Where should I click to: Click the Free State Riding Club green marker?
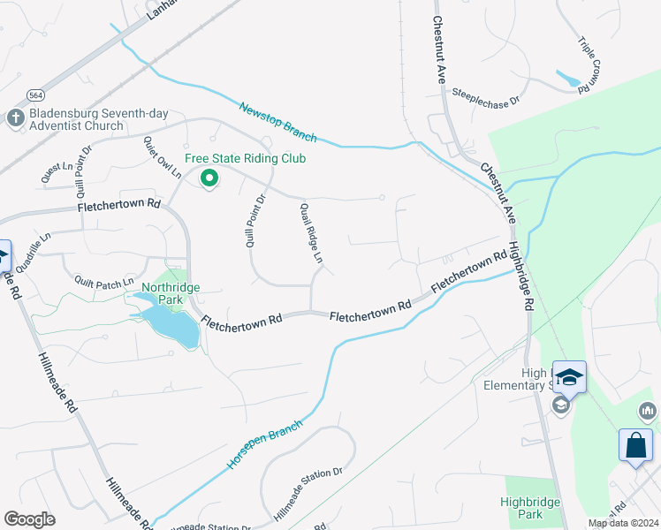tap(209, 178)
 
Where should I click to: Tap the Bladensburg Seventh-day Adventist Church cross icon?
tap(15, 118)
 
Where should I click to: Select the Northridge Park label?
tap(171, 293)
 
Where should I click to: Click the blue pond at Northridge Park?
tap(171, 326)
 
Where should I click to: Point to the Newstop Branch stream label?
tap(277, 121)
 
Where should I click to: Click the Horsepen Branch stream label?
tap(265, 443)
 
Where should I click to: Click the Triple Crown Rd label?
tap(589, 64)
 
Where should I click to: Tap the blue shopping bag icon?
tap(635, 446)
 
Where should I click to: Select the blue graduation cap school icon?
tap(570, 378)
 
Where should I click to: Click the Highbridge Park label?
tap(530, 507)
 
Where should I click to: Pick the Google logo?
tap(29, 519)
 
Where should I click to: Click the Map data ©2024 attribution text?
tap(622, 523)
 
